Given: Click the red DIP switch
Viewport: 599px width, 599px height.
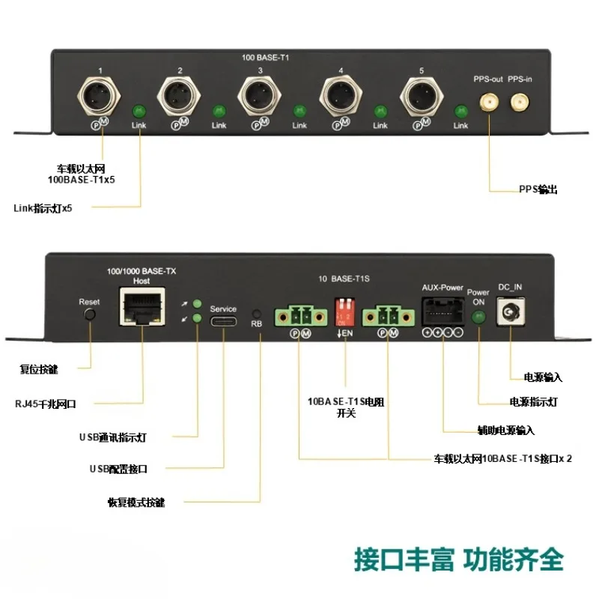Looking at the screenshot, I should click(x=345, y=310).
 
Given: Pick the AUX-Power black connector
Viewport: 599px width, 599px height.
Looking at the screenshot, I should click(x=442, y=309).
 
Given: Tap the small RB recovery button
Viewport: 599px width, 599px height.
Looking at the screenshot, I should click(x=258, y=313).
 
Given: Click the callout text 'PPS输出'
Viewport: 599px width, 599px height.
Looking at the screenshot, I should click(x=538, y=190).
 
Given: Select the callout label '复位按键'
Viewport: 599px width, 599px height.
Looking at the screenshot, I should click(x=39, y=369).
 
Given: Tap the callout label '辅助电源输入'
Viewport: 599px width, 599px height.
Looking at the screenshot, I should click(x=507, y=431).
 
